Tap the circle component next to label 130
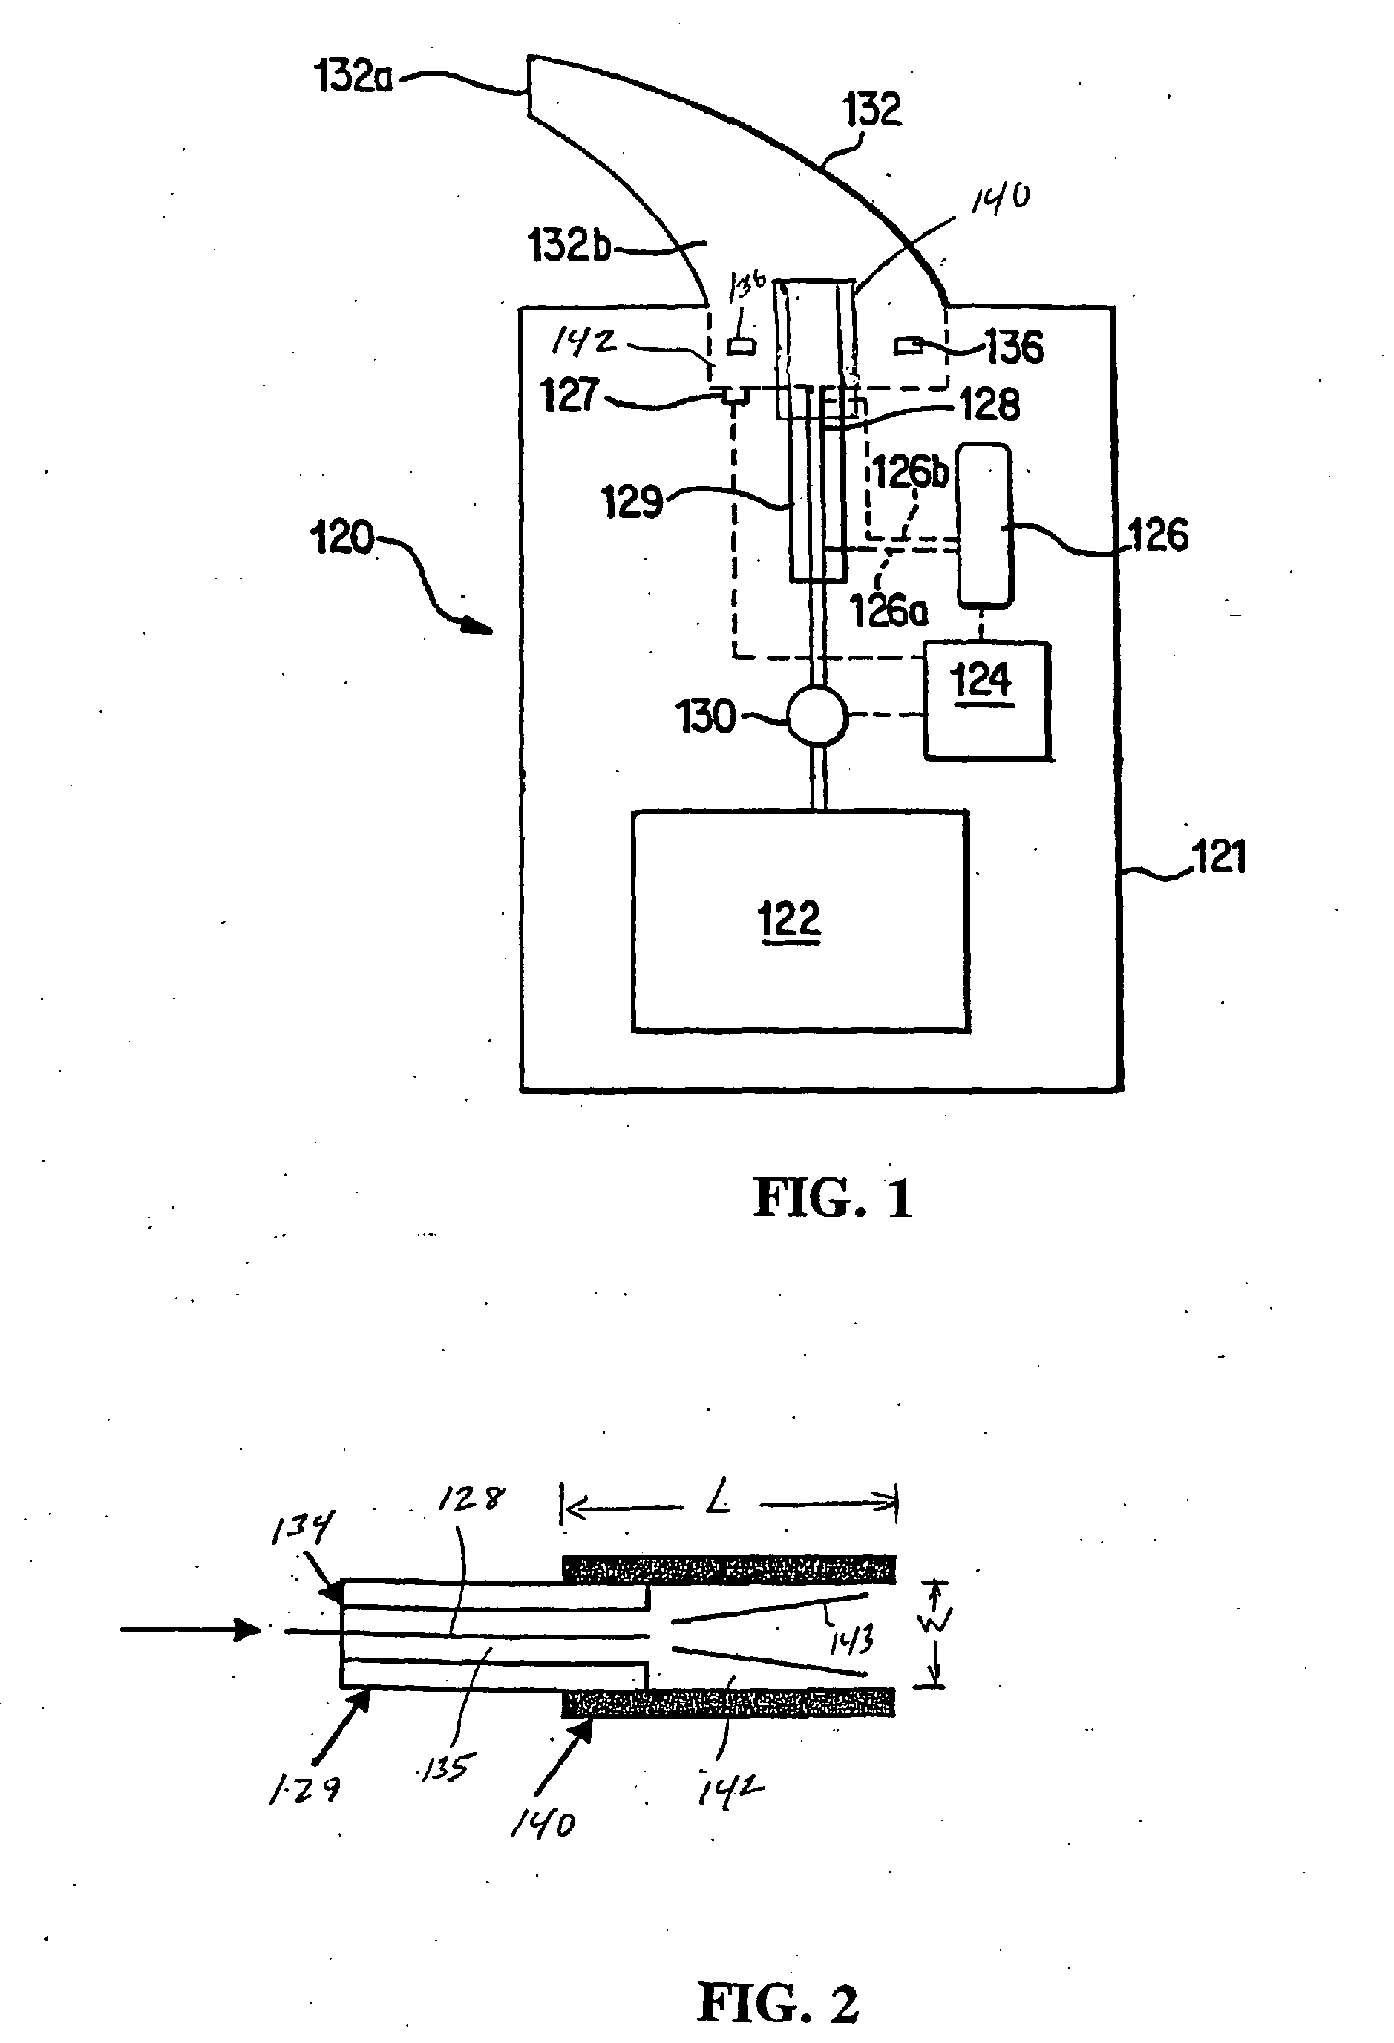(x=817, y=716)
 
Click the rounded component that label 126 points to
(x=984, y=526)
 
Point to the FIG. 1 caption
(x=832, y=1198)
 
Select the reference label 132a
(x=353, y=76)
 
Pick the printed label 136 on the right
(x=1014, y=347)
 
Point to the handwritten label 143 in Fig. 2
(x=851, y=1641)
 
